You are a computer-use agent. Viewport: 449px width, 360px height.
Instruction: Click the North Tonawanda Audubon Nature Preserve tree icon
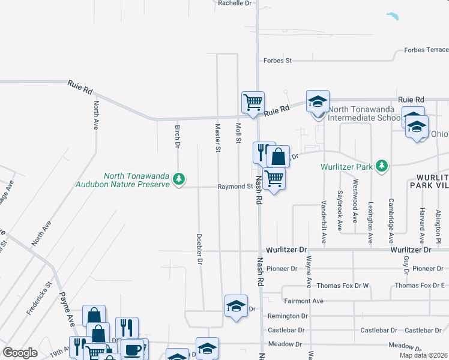click(178, 179)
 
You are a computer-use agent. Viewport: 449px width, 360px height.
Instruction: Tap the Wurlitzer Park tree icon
click(381, 165)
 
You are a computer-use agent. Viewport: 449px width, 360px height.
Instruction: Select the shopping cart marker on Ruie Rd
click(253, 102)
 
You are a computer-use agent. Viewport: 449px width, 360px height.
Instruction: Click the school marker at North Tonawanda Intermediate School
click(318, 101)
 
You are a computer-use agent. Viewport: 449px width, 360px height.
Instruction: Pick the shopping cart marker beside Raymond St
click(274, 178)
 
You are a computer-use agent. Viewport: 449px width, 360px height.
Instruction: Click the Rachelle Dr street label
click(235, 3)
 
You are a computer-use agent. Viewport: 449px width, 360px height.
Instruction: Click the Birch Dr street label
click(178, 137)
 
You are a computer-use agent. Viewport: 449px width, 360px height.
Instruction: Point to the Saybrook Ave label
click(340, 211)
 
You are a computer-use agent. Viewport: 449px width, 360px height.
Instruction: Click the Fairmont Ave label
click(304, 301)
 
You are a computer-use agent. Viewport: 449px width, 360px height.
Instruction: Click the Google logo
click(20, 353)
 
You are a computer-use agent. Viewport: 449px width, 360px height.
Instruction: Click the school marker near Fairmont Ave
click(236, 306)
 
